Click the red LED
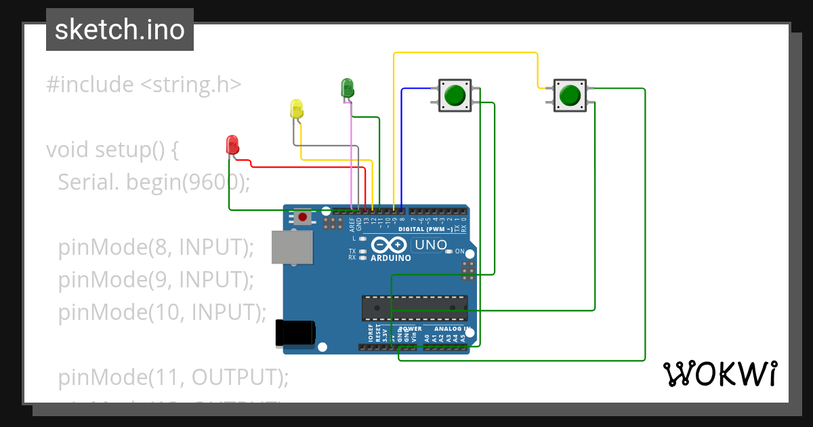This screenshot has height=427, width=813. pos(232,144)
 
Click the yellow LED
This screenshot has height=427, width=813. pos(296,109)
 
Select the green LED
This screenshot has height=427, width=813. pos(346,87)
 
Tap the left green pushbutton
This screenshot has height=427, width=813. pos(455,95)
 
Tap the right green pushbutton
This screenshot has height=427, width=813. pos(570,95)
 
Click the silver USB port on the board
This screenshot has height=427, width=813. pos(292,247)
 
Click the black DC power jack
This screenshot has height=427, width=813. pos(295,333)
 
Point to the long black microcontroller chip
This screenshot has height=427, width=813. pos(414,307)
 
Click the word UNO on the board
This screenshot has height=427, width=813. pos(430,245)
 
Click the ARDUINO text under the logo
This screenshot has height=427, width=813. pos(391,258)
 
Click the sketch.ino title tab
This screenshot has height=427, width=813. pos(120,30)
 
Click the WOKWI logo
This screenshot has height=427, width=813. pos(720,373)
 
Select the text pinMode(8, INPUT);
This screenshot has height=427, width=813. pos(155,247)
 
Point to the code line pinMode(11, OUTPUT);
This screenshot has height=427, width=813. pos(173,376)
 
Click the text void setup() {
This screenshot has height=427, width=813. pos(112,149)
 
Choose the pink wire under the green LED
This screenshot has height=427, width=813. pos(352,156)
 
